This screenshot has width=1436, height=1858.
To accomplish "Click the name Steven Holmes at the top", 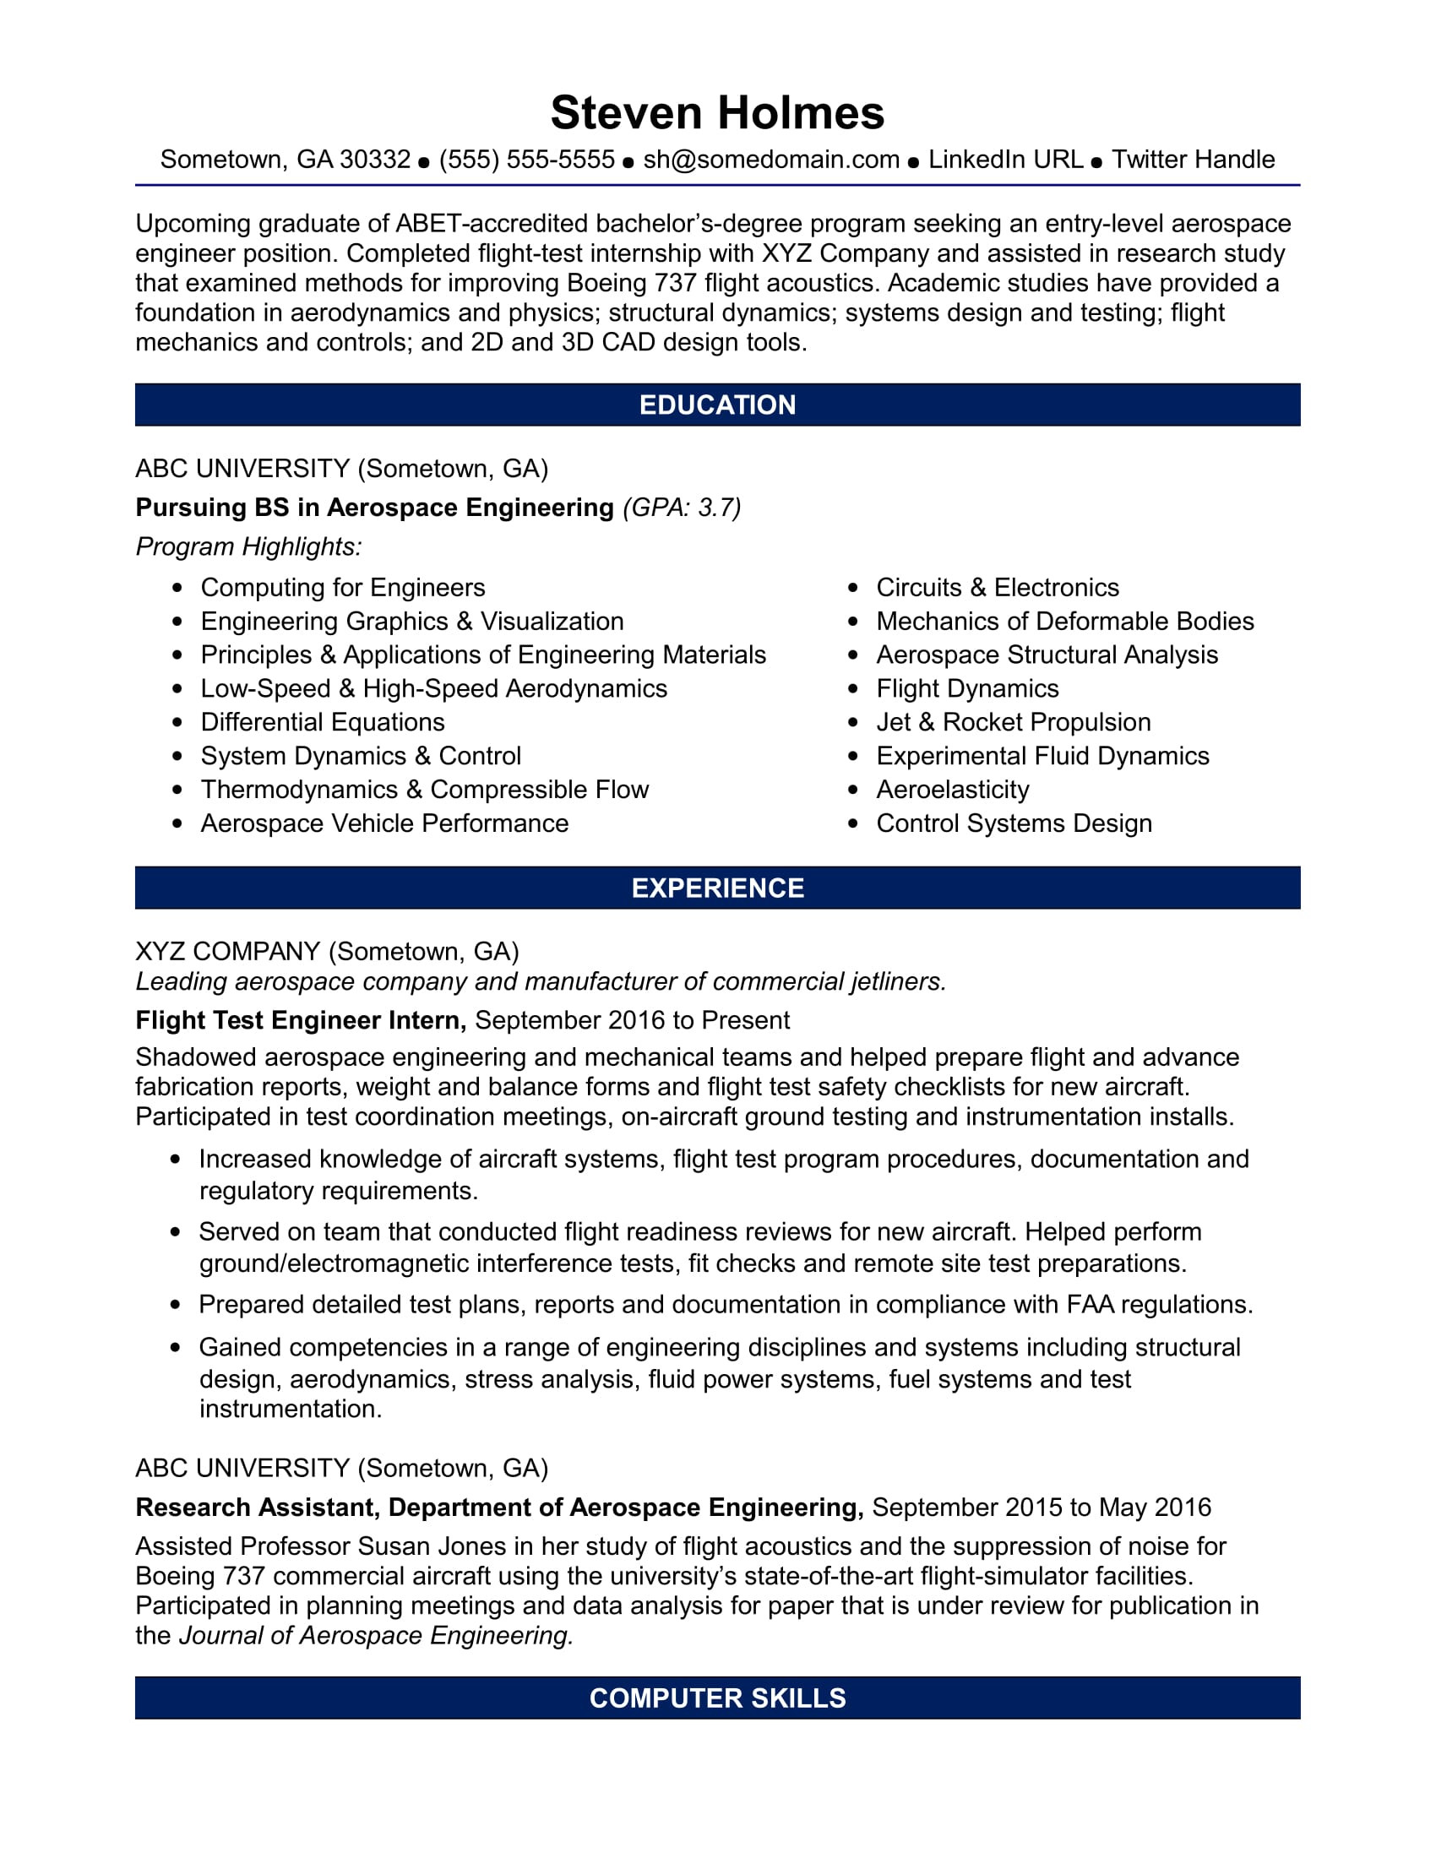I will click(717, 113).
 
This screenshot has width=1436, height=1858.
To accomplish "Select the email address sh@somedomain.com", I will click(770, 160).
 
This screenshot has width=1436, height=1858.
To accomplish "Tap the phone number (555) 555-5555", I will click(526, 160).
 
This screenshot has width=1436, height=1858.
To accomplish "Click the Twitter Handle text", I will click(1193, 160).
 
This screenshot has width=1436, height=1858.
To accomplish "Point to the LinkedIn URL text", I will click(1004, 160).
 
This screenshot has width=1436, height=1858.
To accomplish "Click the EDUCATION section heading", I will click(717, 405).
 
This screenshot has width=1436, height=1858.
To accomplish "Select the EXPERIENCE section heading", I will click(717, 888).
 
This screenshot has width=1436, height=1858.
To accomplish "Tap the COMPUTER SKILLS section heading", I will click(717, 1698).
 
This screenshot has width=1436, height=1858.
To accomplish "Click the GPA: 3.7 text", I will click(683, 508).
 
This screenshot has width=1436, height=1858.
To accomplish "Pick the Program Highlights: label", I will click(248, 547).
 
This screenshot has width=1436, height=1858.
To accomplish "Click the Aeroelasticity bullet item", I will click(952, 790).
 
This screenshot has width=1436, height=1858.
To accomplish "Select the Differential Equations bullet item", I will click(323, 723).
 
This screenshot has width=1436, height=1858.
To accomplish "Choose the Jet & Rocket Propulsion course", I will click(1012, 723).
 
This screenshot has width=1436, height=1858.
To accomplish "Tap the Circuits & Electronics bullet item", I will click(997, 588).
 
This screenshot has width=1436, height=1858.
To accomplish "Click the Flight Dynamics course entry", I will click(967, 689).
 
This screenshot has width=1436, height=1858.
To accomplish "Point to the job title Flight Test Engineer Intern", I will click(301, 1020).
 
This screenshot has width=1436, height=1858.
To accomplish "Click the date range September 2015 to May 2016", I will click(1041, 1508).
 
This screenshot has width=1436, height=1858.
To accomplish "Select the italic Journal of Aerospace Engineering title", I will click(376, 1635).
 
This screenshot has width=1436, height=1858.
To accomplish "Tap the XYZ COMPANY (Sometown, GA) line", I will click(327, 951).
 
